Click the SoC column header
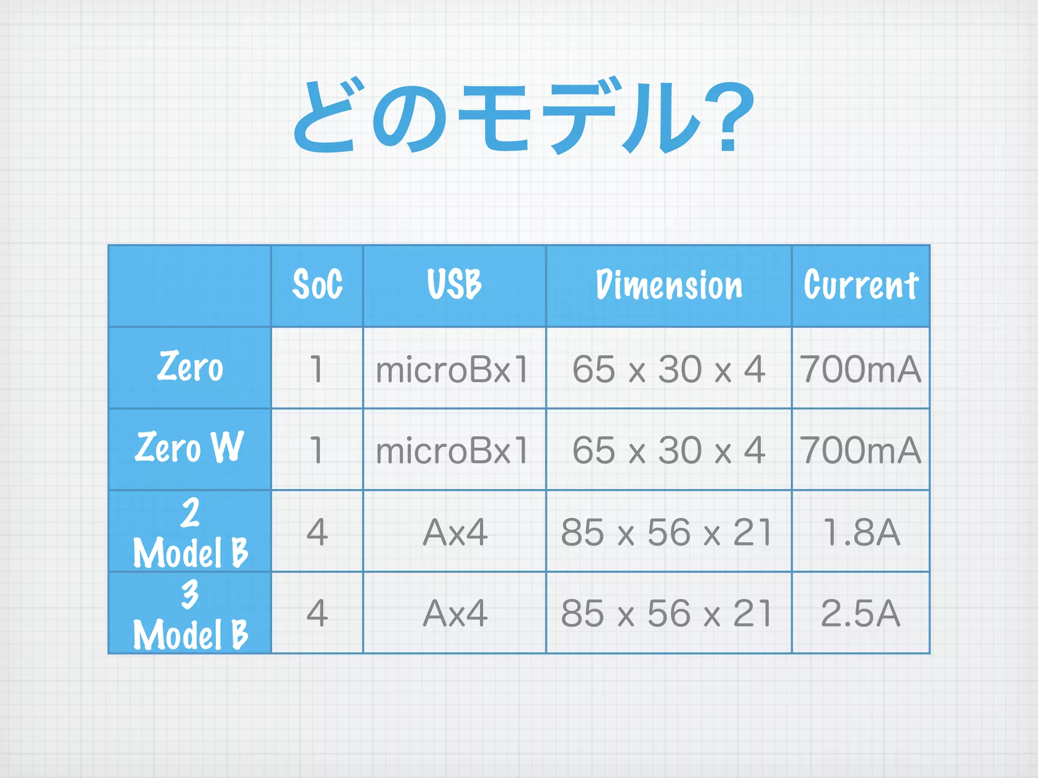pyautogui.click(x=317, y=285)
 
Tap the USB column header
pyautogui.click(x=454, y=285)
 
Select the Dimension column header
pyautogui.click(x=669, y=285)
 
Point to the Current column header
pyautogui.click(x=861, y=285)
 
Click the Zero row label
pyautogui.click(x=190, y=367)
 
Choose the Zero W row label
pyautogui.click(x=190, y=448)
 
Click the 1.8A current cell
pyautogui.click(x=861, y=532)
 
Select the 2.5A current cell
pyautogui.click(x=861, y=613)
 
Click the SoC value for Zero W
pyautogui.click(x=317, y=450)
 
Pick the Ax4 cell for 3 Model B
pyautogui.click(x=455, y=613)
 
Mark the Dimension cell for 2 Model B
pyautogui.click(x=668, y=532)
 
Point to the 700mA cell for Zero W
pyautogui.click(x=861, y=450)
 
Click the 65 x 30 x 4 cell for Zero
pyautogui.click(x=669, y=369)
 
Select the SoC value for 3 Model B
pyautogui.click(x=317, y=613)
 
